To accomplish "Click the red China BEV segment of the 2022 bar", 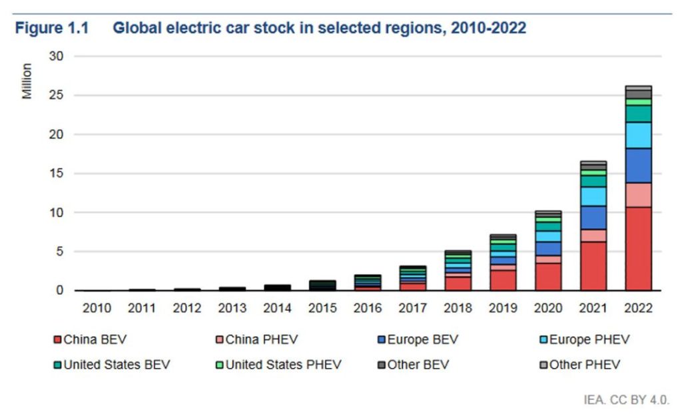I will pyautogui.click(x=638, y=248).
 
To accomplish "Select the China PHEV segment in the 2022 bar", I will pyautogui.click(x=638, y=194).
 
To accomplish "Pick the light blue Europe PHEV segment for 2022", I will pyautogui.click(x=638, y=135).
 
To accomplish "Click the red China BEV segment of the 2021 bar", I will pyautogui.click(x=593, y=266).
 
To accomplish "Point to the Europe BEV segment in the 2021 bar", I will pyautogui.click(x=593, y=218).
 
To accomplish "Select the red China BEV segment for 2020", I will pyautogui.click(x=548, y=276).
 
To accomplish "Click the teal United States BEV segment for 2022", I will pyautogui.click(x=638, y=114).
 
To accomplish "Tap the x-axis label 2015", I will pyautogui.click(x=322, y=308).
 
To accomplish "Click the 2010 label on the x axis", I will pyautogui.click(x=97, y=308).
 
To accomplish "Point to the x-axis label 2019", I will pyautogui.click(x=503, y=308).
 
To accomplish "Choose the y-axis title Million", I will pyautogui.click(x=27, y=81).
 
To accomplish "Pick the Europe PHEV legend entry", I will pyautogui.click(x=583, y=340).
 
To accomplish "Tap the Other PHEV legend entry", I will pyautogui.click(x=579, y=365).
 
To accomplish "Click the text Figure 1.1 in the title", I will pyautogui.click(x=53, y=29).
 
